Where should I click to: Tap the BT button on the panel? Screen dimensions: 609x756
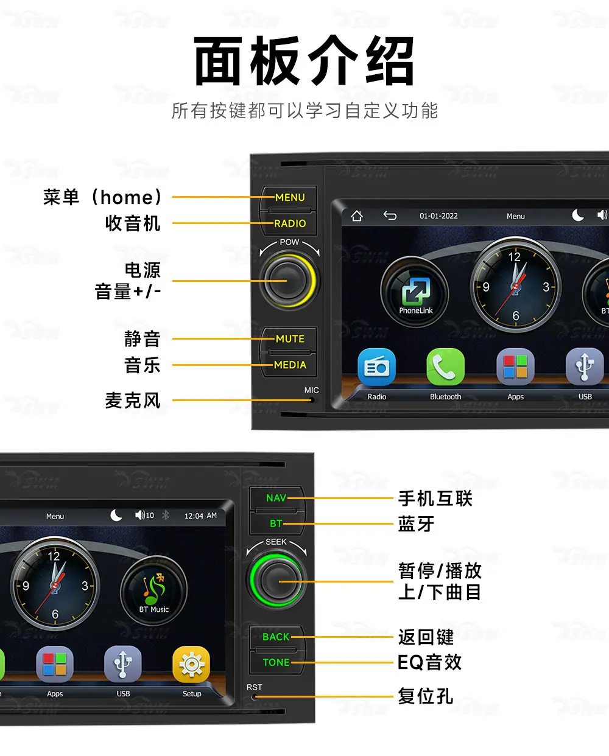pyautogui.click(x=276, y=523)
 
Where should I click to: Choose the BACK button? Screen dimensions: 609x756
pyautogui.click(x=276, y=637)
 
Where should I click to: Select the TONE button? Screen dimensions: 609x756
pyautogui.click(x=276, y=662)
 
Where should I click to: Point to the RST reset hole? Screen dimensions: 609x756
pyautogui.click(x=254, y=696)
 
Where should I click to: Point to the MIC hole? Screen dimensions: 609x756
pyautogui.click(x=312, y=400)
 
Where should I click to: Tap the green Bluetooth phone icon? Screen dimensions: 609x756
pyautogui.click(x=445, y=367)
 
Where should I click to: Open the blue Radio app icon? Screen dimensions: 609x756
pyautogui.click(x=376, y=367)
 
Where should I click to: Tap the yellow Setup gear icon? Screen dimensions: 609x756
pyautogui.click(x=191, y=664)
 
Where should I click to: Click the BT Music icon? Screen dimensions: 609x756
pyautogui.click(x=153, y=590)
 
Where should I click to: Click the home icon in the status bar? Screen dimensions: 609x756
pyautogui.click(x=357, y=215)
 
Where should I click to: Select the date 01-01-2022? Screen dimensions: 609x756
pyautogui.click(x=438, y=216)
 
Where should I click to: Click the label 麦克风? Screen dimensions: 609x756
pyautogui.click(x=133, y=401)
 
